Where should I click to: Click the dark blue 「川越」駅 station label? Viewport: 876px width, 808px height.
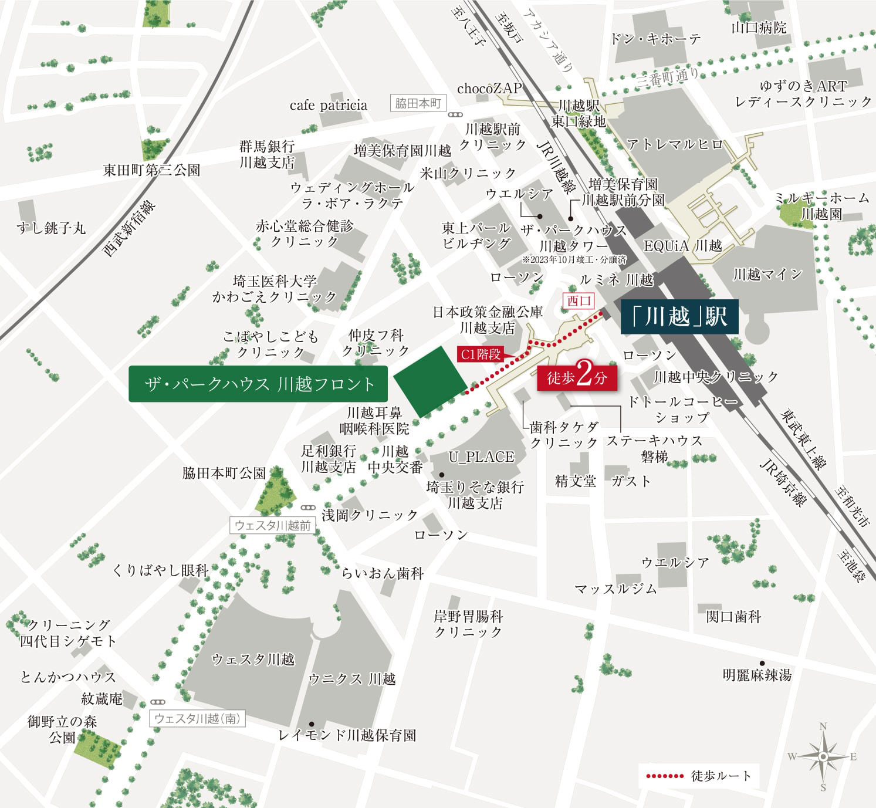pyautogui.click(x=679, y=317)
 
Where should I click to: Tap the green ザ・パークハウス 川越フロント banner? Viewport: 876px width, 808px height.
pyautogui.click(x=258, y=384)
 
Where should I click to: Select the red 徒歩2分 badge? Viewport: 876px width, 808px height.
pyautogui.click(x=577, y=377)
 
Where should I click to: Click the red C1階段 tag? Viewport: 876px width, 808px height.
pyautogui.click(x=480, y=354)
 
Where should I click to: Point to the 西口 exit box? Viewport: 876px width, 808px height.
pyautogui.click(x=579, y=301)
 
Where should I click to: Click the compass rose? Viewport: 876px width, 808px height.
pyautogui.click(x=823, y=756)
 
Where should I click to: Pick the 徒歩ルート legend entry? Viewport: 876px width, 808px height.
pyautogui.click(x=698, y=776)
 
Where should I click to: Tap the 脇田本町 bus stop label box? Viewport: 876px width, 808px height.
pyautogui.click(x=418, y=103)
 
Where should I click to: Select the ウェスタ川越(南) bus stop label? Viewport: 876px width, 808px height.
pyautogui.click(x=197, y=718)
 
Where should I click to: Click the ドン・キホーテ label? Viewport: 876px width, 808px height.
pyautogui.click(x=655, y=39)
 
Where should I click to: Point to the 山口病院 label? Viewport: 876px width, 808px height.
pyautogui.click(x=759, y=27)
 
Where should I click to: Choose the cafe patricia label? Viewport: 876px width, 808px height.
pyautogui.click(x=328, y=106)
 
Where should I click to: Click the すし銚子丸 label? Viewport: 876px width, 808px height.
pyautogui.click(x=51, y=228)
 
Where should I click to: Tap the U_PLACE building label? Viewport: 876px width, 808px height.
pyautogui.click(x=481, y=457)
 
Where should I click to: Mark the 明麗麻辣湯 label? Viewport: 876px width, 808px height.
pyautogui.click(x=757, y=675)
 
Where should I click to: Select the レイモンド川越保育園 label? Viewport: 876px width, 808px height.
pyautogui.click(x=347, y=735)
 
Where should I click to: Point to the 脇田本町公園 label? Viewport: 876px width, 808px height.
pyautogui.click(x=224, y=473)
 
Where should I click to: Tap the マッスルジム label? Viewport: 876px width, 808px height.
pyautogui.click(x=615, y=589)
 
